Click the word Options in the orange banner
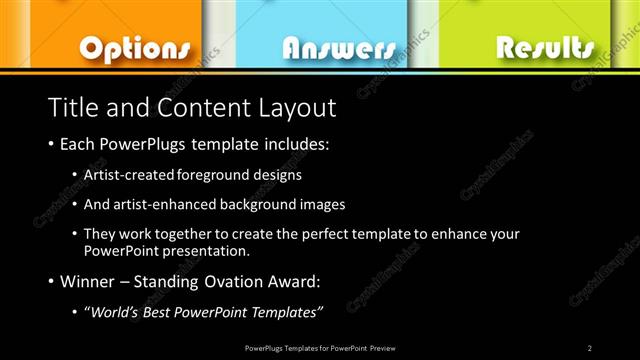[x=134, y=47]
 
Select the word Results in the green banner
[x=544, y=46]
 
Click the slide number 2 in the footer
[x=589, y=347]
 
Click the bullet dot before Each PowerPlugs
[x=51, y=145]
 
